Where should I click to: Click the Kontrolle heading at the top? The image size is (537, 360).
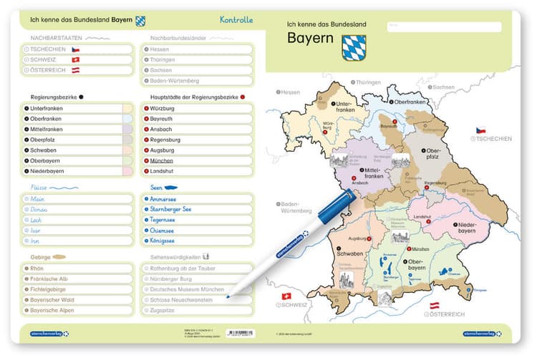click(236, 20)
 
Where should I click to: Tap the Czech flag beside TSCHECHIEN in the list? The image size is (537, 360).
click(76, 49)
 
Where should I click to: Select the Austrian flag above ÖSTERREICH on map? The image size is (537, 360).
click(434, 306)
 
